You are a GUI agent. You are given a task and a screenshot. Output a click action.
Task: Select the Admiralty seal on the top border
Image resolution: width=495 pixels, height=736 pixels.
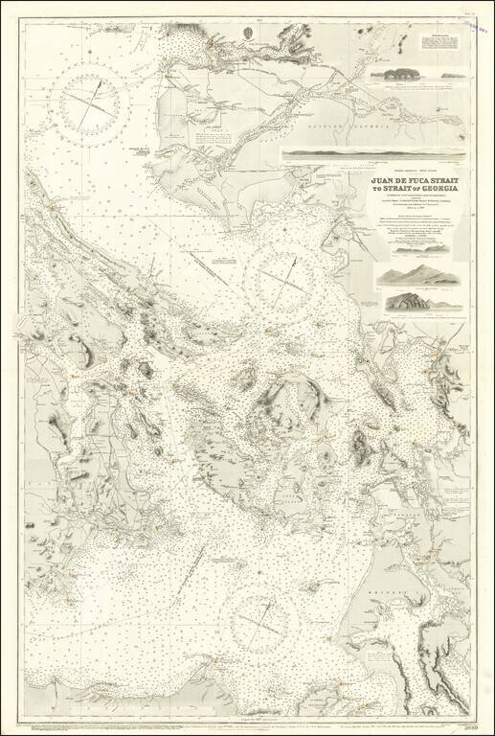pos(247,32)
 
